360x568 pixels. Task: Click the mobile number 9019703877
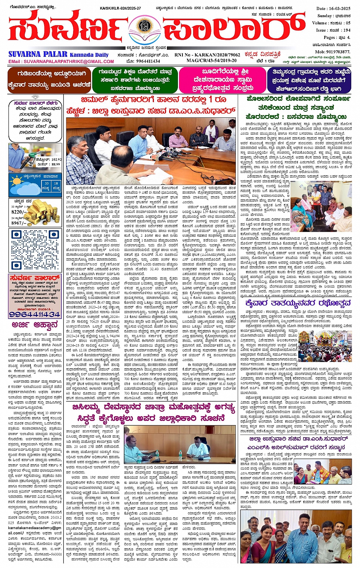pyautogui.click(x=338, y=51)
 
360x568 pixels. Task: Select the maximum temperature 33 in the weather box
pyautogui.click(x=46, y=183)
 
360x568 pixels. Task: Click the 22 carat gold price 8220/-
pyautogui.click(x=19, y=212)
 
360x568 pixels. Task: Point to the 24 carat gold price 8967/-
pyautogui.click(x=19, y=223)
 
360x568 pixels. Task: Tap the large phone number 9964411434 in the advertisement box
pyautogui.click(x=35, y=314)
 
